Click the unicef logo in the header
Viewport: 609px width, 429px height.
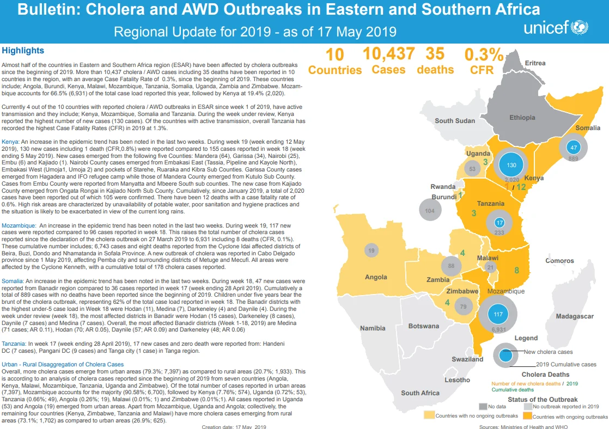[x=556, y=28]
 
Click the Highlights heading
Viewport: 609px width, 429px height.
[x=23, y=51]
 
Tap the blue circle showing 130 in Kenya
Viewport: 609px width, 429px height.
[x=511, y=165]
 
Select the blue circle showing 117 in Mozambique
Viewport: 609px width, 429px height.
[x=498, y=314]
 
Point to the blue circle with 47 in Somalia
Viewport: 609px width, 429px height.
[x=573, y=147]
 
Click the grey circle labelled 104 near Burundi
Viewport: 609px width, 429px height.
[x=430, y=210]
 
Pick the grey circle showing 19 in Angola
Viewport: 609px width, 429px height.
[x=372, y=250]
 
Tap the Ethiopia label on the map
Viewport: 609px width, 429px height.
[x=522, y=118]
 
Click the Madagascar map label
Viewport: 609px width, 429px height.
[x=575, y=316]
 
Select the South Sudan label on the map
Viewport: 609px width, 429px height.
[x=455, y=121]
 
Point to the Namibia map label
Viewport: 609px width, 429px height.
[x=373, y=328]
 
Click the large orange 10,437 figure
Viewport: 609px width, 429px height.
[x=389, y=53]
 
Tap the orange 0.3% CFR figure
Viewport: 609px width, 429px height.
[x=484, y=55]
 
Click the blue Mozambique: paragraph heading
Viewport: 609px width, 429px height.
[x=19, y=225]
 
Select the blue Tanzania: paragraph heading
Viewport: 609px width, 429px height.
[x=14, y=344]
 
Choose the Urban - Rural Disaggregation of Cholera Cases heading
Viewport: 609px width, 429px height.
[x=63, y=365]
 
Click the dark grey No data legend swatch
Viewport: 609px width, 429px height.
[x=483, y=407]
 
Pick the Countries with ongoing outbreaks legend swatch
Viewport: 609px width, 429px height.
[x=527, y=416]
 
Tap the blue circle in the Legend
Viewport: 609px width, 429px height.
[x=506, y=355]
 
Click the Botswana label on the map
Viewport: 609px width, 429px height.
[x=424, y=326]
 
